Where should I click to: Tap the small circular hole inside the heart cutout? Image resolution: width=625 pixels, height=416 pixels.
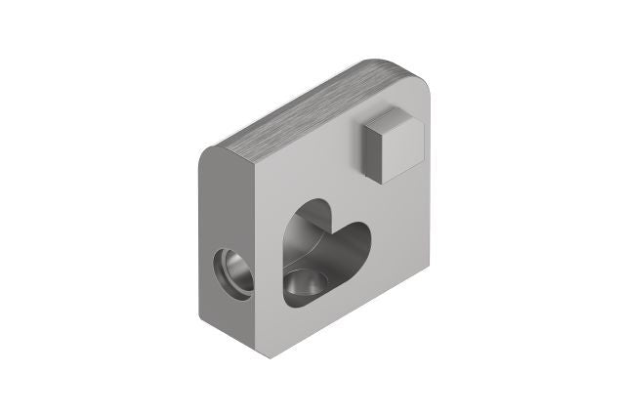coord(306,286)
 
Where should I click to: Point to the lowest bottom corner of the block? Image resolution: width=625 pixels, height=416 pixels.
coord(256,354)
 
